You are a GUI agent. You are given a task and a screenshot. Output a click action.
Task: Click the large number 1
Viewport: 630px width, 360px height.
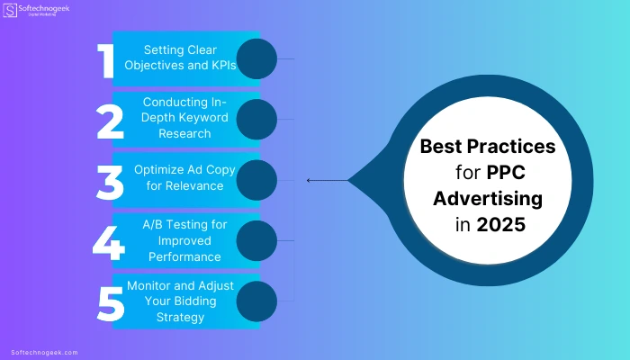105,60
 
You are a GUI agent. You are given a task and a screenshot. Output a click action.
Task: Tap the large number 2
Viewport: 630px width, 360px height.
110,121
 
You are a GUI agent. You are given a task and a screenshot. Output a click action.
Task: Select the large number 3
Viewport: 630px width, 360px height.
110,183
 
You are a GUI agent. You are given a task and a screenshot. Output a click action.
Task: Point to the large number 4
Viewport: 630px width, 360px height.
109,243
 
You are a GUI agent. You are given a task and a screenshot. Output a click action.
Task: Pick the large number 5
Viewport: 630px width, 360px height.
111,304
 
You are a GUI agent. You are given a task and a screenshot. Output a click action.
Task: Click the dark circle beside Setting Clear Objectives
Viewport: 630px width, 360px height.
256,58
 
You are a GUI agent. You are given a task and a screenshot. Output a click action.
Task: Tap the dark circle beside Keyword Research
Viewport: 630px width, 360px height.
256,120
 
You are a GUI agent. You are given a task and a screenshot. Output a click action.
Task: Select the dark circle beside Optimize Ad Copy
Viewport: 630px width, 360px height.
256,180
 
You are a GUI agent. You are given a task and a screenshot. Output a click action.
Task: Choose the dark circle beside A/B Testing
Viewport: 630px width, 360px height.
256,240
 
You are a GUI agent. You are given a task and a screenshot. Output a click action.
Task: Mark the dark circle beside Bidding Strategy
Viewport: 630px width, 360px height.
256,301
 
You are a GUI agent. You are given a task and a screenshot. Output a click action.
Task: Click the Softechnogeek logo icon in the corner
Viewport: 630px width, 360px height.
10,10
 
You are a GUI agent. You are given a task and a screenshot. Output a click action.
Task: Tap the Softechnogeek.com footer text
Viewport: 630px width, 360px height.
44,353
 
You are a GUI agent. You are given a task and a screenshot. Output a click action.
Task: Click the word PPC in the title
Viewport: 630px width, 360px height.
506,173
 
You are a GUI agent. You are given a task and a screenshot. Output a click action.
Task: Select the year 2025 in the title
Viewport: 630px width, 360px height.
500,224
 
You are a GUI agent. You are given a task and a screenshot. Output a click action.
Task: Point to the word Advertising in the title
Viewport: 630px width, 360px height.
488,199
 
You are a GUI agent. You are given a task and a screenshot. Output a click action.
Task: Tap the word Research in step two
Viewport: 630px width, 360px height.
184,133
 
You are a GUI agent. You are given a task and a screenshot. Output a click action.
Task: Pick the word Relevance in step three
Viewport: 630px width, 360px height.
195,185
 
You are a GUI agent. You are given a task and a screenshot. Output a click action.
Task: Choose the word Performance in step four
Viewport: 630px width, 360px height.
184,256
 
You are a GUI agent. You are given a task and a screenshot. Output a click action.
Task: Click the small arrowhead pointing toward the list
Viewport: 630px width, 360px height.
308,180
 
